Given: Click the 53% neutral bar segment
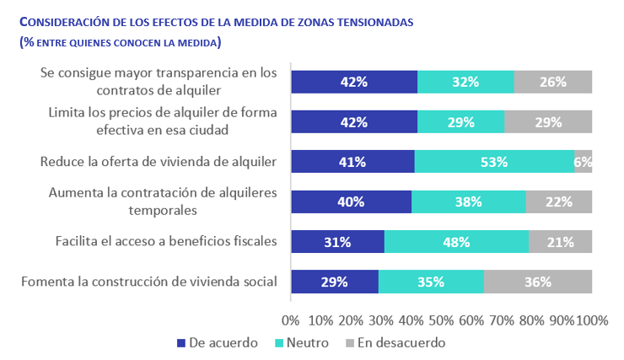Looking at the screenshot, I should [x=494, y=162].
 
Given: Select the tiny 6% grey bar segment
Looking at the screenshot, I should [x=584, y=162].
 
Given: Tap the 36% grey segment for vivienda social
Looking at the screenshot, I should [x=538, y=282].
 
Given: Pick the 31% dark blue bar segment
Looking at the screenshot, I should [x=337, y=242].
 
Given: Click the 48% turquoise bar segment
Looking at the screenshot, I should [x=456, y=242].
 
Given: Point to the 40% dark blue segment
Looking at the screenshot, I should [x=351, y=202].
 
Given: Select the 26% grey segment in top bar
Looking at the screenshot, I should [x=553, y=82].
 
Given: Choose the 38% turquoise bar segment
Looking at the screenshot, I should [x=468, y=202].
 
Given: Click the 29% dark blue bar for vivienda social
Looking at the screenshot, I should [x=335, y=282].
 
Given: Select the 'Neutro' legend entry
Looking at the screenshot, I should [x=304, y=343].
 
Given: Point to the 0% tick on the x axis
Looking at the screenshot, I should [x=291, y=320].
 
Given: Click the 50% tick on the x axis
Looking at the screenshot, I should [x=441, y=320].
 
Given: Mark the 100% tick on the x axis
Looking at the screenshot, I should [x=591, y=320].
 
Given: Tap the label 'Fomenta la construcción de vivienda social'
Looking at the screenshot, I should [x=148, y=282].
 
